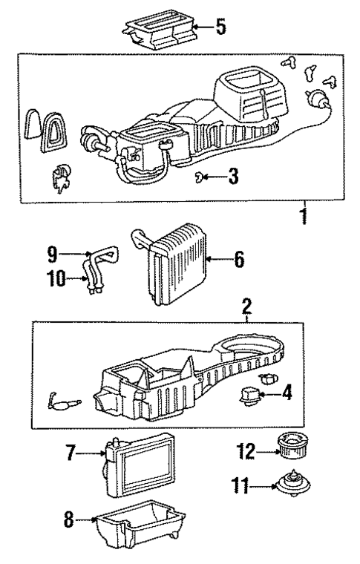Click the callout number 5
pos(220,29)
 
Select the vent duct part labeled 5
pos(157,30)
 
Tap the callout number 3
pos(233,177)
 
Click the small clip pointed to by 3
pos(202,176)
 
